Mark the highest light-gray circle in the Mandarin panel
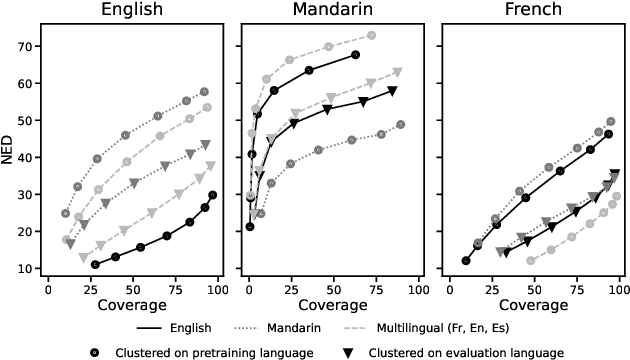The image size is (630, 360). (x=371, y=35)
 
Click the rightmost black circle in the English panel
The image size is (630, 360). (x=213, y=195)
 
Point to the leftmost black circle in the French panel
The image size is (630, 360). (x=466, y=261)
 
